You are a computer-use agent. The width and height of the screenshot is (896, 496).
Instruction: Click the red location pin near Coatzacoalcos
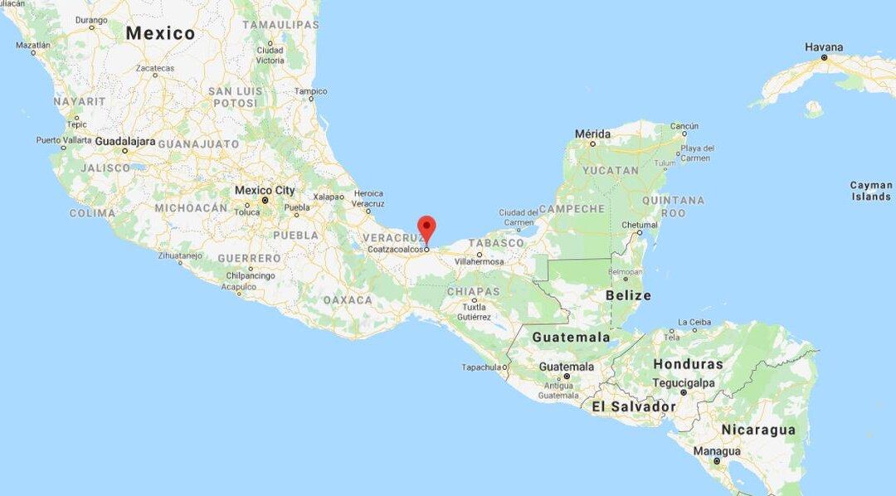[426, 226]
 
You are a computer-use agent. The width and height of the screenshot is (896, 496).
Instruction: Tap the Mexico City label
[265, 190]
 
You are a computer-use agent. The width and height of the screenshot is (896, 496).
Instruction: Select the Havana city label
[824, 47]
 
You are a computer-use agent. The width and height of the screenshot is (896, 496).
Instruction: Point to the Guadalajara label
[125, 141]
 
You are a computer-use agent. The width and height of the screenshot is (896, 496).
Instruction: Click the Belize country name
[628, 295]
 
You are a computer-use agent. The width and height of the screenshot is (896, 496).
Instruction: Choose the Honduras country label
[688, 364]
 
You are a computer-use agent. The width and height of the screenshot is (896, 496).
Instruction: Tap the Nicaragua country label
[758, 430]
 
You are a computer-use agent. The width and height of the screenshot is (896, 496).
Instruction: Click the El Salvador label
[633, 406]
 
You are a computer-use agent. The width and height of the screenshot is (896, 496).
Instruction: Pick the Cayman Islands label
[871, 191]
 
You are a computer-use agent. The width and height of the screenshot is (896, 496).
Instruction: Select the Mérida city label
[592, 134]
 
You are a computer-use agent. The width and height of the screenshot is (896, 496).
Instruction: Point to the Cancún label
[684, 126]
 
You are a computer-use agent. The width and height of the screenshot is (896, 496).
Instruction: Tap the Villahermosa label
[479, 261]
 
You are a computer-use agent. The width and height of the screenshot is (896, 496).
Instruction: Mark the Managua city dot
[717, 460]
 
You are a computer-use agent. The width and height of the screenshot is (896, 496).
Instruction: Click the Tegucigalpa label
[684, 382]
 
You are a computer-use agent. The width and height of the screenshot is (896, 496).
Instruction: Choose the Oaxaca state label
[348, 299]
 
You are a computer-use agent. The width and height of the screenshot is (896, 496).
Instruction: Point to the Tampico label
[311, 91]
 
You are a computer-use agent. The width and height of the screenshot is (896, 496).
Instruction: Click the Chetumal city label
[640, 224]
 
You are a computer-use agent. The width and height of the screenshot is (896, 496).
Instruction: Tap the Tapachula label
[481, 367]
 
